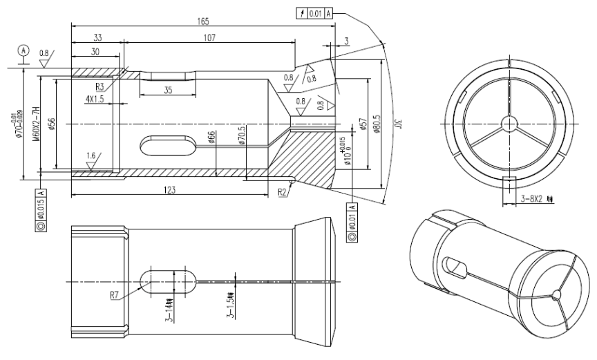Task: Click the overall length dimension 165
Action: (202, 21)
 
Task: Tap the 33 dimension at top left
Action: (96, 38)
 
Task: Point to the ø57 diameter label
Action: (361, 124)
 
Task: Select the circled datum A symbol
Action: (25, 50)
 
